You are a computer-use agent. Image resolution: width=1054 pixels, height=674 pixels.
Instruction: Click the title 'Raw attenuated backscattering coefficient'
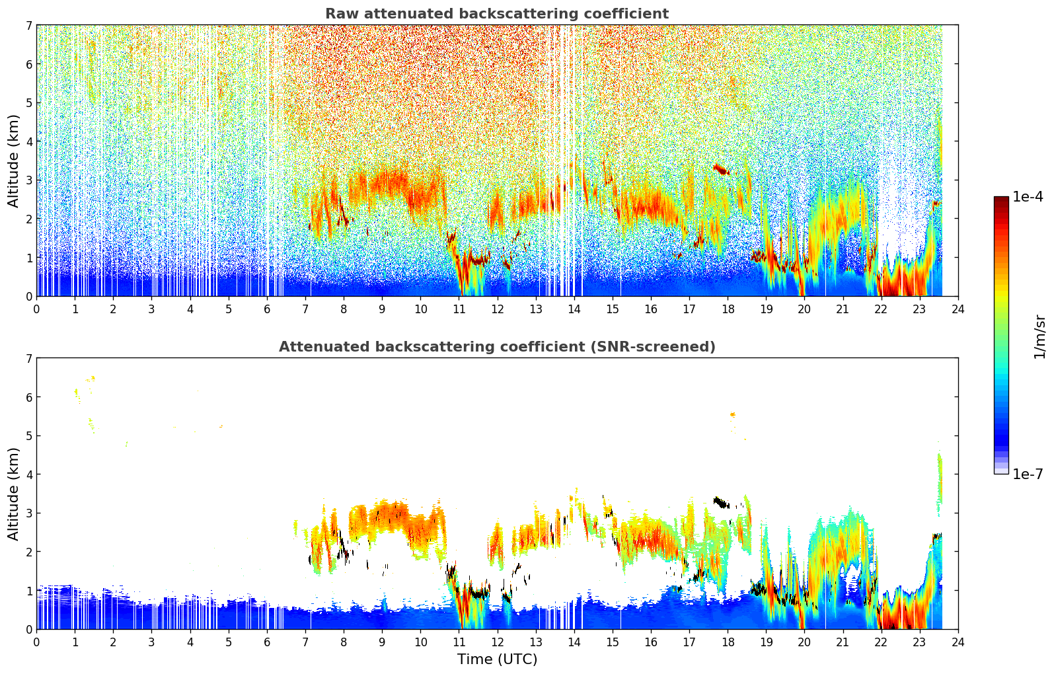(496, 14)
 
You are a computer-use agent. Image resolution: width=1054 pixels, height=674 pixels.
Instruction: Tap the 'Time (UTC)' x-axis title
(497, 659)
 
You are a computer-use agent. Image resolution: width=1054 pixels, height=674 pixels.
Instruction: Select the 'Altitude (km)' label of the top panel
(13, 161)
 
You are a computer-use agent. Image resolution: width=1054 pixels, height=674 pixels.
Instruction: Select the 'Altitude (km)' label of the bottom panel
(13, 494)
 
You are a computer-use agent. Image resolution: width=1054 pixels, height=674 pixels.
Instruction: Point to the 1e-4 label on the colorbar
(1028, 197)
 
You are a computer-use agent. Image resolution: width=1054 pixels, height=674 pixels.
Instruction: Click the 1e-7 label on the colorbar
(1028, 474)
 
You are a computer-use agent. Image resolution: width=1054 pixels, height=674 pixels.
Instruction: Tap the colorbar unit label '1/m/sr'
(1039, 336)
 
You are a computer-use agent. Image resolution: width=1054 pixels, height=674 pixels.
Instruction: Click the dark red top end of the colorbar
(1001, 200)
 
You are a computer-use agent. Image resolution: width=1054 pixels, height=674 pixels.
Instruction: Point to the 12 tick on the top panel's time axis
(497, 309)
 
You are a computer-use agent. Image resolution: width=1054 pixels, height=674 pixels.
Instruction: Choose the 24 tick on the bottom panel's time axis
(958, 642)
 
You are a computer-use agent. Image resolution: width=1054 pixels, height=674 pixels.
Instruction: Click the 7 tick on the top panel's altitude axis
(28, 25)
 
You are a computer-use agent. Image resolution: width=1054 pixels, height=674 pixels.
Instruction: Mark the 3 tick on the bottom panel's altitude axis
(28, 513)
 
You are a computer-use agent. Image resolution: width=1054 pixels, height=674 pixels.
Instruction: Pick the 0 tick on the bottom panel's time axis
(36, 642)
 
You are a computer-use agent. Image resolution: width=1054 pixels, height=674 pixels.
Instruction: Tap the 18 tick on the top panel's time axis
(728, 309)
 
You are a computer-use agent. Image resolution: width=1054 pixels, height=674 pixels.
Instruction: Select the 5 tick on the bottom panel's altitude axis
(28, 435)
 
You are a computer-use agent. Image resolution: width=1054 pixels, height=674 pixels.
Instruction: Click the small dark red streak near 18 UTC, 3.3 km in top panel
(720, 170)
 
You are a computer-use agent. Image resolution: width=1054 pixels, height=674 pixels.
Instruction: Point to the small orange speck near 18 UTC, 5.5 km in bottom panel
(733, 414)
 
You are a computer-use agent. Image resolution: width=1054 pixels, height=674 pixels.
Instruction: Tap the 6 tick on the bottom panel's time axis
(267, 642)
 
